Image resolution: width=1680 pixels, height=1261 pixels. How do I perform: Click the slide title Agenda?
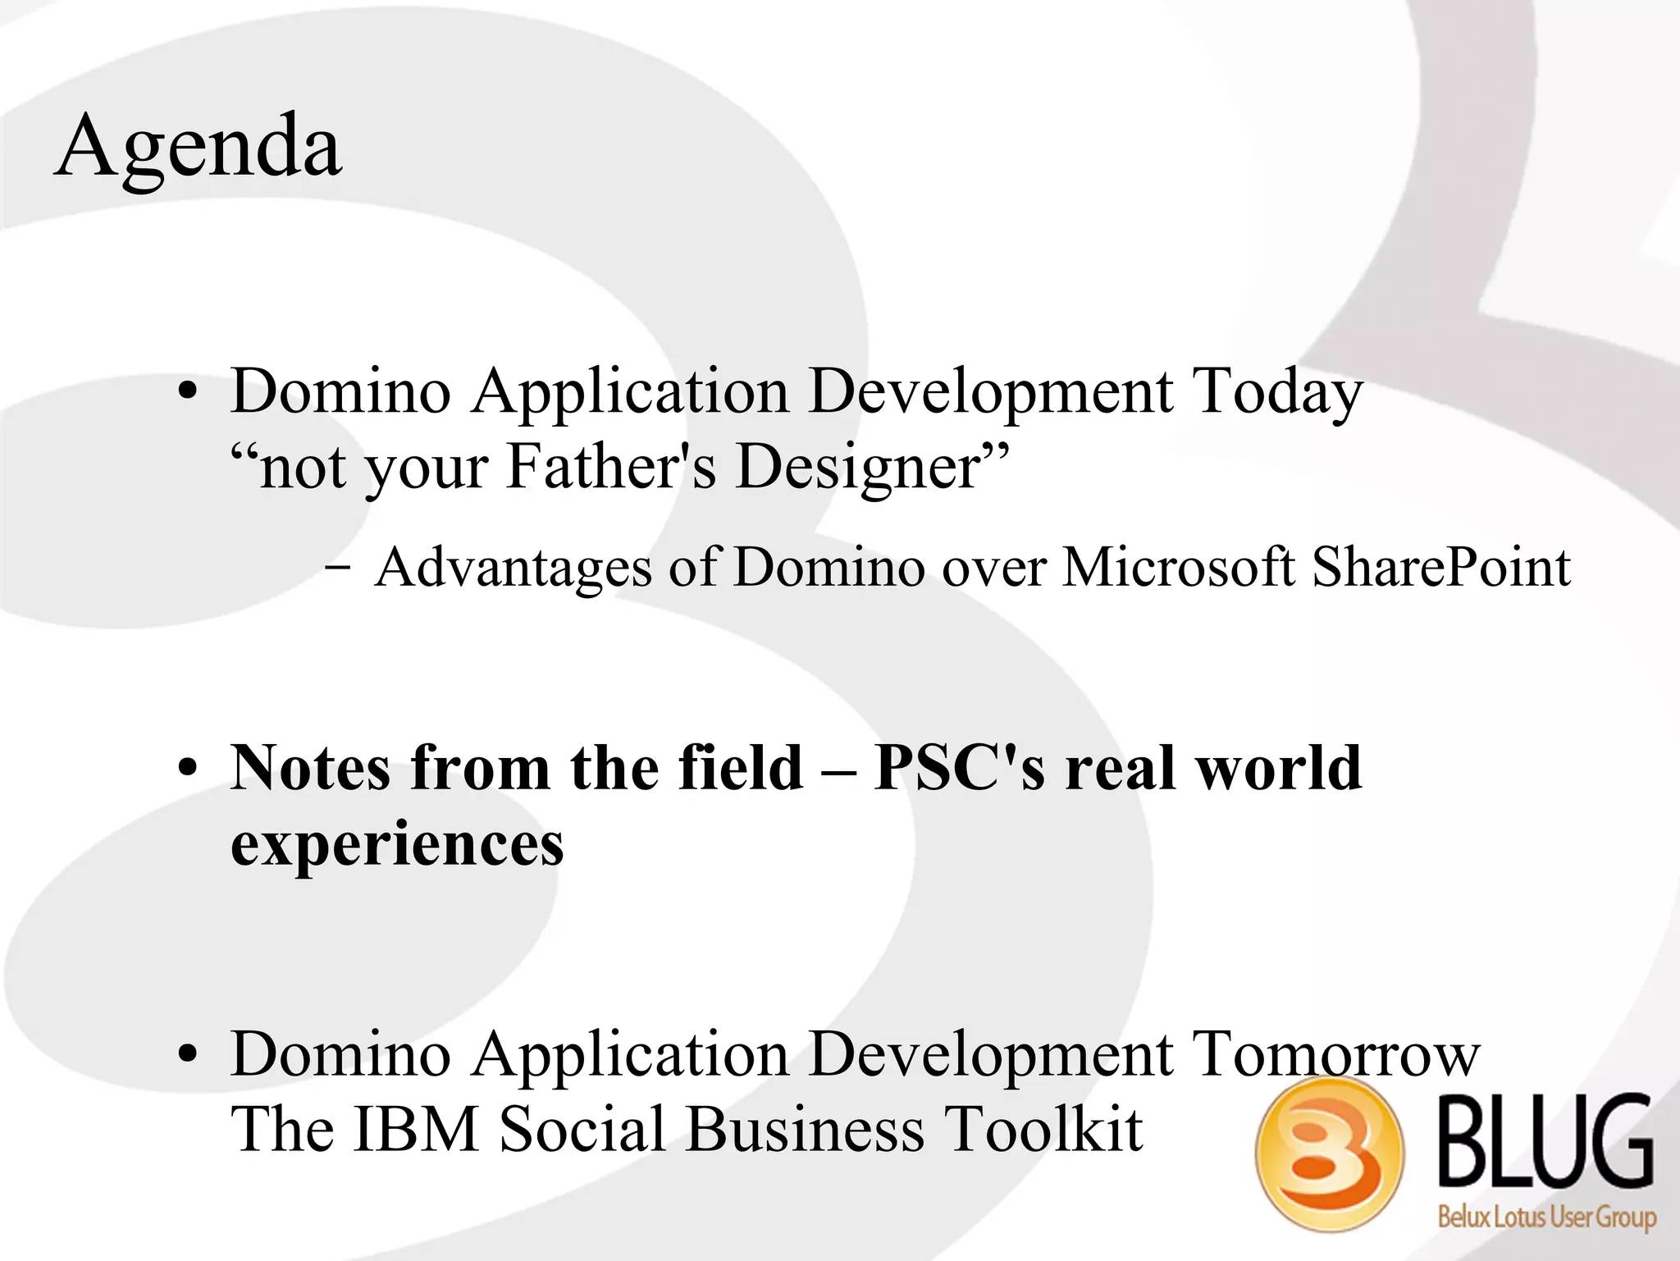pos(198,148)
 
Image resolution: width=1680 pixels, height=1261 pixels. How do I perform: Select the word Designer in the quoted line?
pos(858,466)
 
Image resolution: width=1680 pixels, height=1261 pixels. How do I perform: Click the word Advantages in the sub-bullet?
pos(514,568)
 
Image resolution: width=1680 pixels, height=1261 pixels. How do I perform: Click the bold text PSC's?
pos(960,768)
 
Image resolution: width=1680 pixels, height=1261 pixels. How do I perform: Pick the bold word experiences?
pos(397,845)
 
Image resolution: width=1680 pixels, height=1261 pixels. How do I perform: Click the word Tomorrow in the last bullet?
pos(1335,1054)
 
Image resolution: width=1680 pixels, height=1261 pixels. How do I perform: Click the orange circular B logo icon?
pos(1329,1154)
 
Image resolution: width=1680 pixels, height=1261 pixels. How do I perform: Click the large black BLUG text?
pos(1545,1142)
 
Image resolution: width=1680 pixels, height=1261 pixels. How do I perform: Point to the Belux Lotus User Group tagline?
pos(1546,1216)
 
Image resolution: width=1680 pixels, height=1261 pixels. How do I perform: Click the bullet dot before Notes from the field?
pos(188,770)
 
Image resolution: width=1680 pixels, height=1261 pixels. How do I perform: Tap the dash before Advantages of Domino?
pos(337,567)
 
